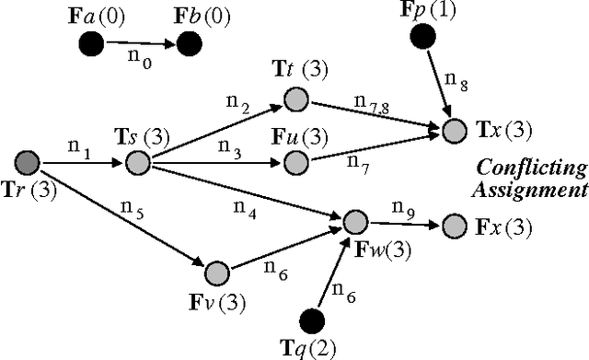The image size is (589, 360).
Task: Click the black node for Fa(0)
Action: coord(90,42)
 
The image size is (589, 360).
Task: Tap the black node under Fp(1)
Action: coord(423,38)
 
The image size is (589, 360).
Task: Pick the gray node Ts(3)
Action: coord(137,164)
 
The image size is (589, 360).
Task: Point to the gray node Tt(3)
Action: coord(294,98)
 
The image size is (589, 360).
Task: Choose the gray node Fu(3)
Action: coord(294,163)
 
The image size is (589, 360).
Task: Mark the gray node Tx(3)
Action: coord(454,131)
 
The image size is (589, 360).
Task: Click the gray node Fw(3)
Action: coord(355,222)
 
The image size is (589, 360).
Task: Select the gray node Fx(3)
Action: coord(454,225)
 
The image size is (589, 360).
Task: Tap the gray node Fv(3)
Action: coord(216,273)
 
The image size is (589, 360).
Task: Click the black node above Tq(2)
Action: coord(315,319)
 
